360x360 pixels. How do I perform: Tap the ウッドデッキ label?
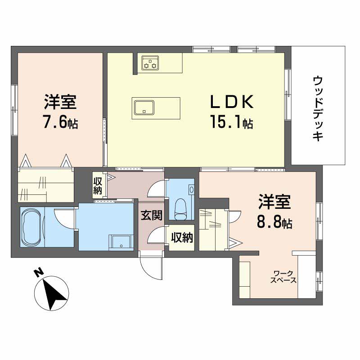(318, 108)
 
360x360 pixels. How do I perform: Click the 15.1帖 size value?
(230, 122)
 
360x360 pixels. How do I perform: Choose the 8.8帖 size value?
(275, 223)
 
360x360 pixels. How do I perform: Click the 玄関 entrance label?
(151, 216)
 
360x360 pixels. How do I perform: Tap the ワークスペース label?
(283, 276)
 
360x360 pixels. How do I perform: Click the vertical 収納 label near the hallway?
(98, 186)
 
